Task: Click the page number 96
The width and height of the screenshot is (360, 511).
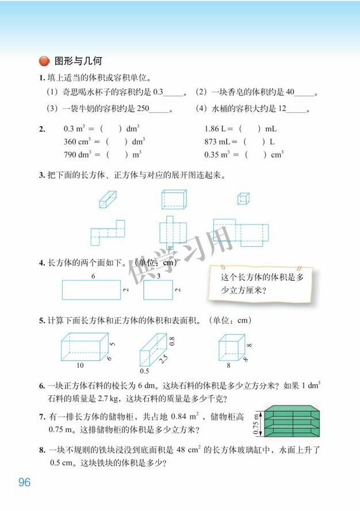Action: [24, 482]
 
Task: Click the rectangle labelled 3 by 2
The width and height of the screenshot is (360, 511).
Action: [158, 289]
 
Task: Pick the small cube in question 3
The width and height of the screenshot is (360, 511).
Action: [243, 199]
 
